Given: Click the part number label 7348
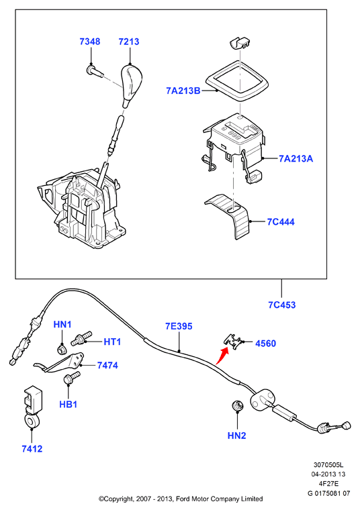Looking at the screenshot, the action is pos(90,42).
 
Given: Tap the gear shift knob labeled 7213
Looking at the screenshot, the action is pos(132,85).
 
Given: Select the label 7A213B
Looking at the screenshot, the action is pos(183,91).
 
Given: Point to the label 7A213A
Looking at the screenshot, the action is pos(296,158).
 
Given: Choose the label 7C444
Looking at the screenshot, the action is pos(281,222).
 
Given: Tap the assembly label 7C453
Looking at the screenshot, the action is pos(281,305).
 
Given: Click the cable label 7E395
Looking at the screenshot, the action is pos(179,326).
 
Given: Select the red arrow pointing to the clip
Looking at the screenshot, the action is pos(222,356).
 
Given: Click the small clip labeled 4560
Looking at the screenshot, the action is pos(234,342).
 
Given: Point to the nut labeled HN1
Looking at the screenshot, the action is pos(61,350).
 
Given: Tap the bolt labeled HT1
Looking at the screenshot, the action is pos(81,338).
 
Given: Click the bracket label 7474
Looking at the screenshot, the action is pos(107,365).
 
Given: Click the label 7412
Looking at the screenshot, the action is pos(32,449).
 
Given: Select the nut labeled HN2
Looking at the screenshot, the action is pos(237,406).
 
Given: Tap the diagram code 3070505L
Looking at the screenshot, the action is pos(328,464).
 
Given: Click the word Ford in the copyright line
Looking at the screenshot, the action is pos(183,499).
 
